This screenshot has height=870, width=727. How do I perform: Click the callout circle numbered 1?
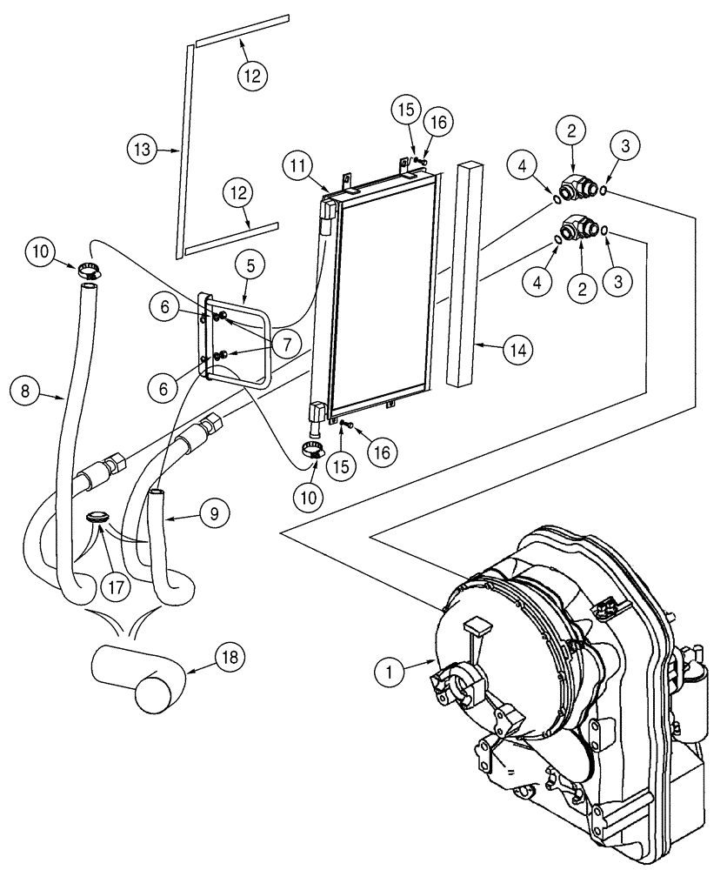pos(390,670)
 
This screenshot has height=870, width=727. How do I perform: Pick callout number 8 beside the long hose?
pos(26,392)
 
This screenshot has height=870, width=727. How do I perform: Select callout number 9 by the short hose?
pos(212,513)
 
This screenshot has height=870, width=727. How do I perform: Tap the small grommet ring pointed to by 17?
pos(99,518)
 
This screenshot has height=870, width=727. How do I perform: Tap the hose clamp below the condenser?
pos(315,450)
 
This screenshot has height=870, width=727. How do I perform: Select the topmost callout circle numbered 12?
pos(251,77)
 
